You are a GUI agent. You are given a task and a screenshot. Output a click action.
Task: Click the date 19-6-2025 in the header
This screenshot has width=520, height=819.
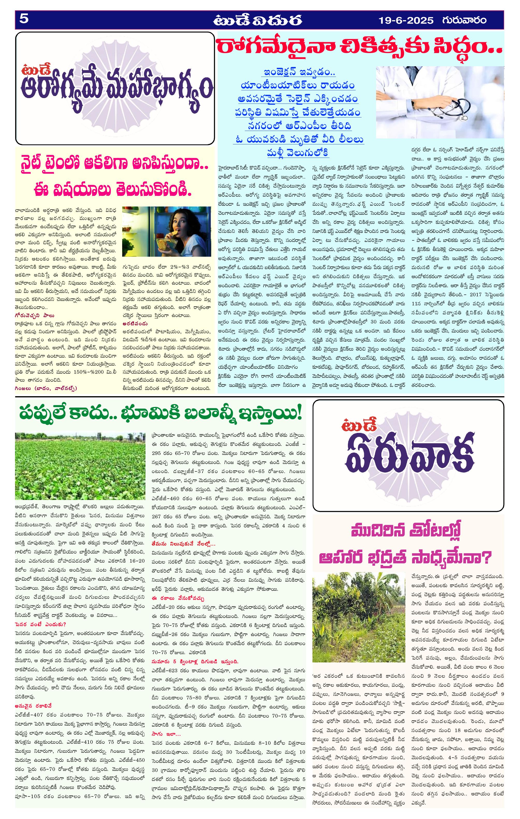pos(406,20)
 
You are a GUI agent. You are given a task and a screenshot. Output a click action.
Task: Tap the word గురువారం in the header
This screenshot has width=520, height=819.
pos(465,20)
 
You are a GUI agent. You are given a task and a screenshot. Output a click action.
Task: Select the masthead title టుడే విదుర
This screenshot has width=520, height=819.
pos(258,20)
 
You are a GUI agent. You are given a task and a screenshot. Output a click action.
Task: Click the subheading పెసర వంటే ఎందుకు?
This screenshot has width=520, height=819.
pos(40,624)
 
